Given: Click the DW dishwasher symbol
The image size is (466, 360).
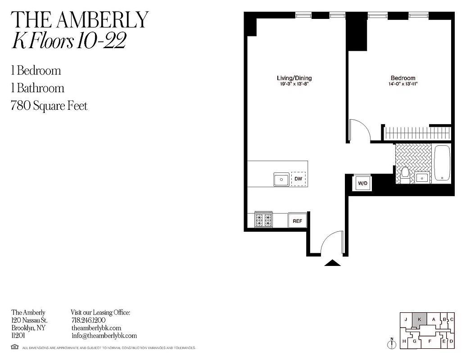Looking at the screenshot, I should [298, 179].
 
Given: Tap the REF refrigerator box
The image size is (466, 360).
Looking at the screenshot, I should [297, 221].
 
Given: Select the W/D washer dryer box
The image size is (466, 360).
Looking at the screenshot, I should [362, 183].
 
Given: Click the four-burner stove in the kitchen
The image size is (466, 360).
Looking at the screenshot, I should [264, 220].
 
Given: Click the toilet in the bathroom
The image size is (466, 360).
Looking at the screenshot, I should [405, 175].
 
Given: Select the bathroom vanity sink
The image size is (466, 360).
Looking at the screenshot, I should [422, 178].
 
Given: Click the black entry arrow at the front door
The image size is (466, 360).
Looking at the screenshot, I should [332, 263].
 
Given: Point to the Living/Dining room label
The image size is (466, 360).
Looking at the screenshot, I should [294, 78].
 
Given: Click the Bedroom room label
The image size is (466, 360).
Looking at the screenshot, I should [403, 78].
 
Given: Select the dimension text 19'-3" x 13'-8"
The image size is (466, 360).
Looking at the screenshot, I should [294, 84].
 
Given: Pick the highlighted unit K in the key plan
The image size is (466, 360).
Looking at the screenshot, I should [419, 319].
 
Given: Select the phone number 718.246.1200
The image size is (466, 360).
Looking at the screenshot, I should [88, 320].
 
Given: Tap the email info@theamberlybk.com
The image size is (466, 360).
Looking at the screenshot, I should [104, 336].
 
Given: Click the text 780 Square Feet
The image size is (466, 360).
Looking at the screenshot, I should [50, 106].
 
